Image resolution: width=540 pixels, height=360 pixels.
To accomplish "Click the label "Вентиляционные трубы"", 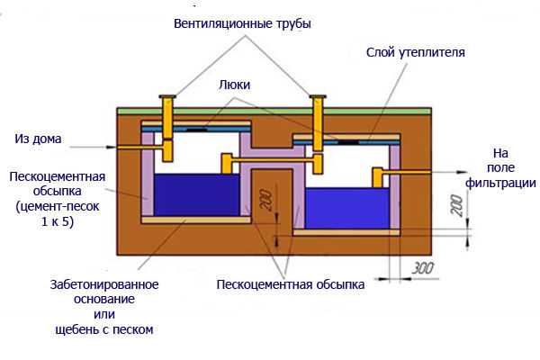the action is [242, 23].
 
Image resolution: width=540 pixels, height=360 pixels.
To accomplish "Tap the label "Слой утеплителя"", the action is [415, 52].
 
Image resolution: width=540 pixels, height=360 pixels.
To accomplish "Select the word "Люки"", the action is [235, 85].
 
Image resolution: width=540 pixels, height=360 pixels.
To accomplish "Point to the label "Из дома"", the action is [38, 139].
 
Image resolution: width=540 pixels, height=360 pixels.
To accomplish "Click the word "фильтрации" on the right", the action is [500, 183].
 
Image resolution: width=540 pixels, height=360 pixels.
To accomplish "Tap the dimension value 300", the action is [423, 268].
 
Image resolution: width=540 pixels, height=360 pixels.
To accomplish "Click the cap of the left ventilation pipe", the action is [167, 96].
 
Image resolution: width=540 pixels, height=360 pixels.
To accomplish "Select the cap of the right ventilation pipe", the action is [318, 97].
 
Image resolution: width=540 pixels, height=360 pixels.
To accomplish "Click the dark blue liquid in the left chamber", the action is [196, 195].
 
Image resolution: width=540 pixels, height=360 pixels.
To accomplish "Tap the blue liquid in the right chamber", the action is [347, 208].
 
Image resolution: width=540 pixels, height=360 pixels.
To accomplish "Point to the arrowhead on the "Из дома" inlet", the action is [112, 147].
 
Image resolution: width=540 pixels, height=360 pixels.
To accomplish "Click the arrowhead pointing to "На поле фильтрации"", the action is [463, 172].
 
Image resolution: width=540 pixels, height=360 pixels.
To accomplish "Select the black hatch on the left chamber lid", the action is [196, 130].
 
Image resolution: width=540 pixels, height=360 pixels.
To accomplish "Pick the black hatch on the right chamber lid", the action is [347, 142].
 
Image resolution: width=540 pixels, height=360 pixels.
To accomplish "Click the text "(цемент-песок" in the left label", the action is [58, 207].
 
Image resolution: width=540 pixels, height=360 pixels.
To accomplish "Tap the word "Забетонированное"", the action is [104, 285].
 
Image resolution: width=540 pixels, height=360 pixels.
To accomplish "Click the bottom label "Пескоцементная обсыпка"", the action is [291, 285].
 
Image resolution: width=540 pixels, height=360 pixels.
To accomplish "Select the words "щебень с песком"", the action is [104, 329].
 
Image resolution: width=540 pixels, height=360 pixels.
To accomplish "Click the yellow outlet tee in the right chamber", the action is [378, 177].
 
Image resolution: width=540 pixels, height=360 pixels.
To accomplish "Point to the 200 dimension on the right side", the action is [457, 206].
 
